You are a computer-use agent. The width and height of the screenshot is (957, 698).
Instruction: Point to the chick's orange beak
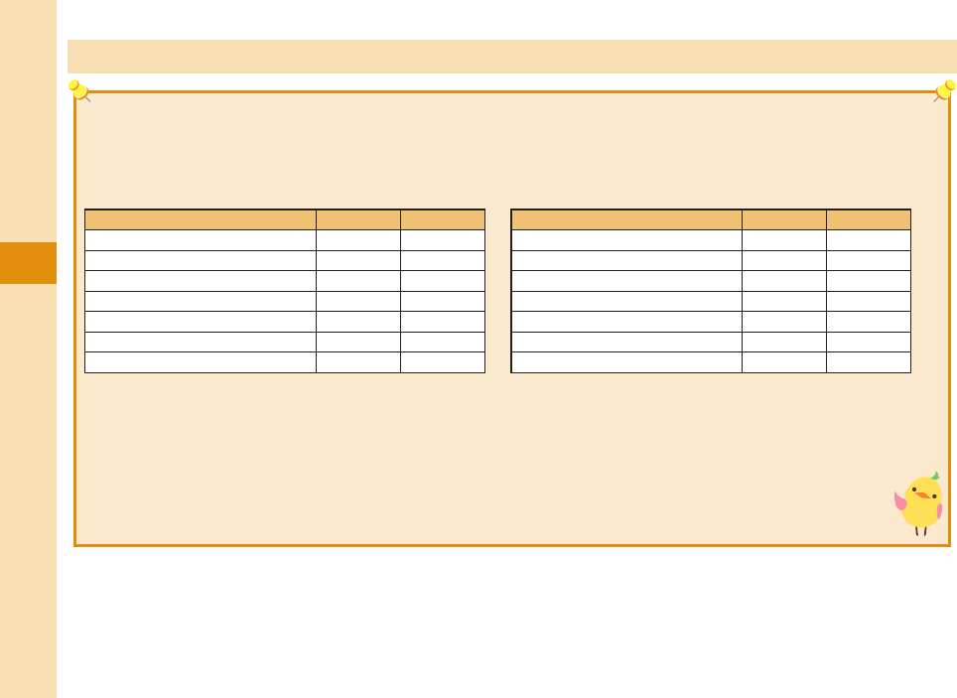[x=924, y=494]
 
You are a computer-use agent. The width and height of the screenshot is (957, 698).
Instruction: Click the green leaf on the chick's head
[x=934, y=476]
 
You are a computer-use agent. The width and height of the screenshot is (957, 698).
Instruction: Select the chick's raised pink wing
[x=900, y=501]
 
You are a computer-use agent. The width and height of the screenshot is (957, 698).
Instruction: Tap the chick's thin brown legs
[x=921, y=530]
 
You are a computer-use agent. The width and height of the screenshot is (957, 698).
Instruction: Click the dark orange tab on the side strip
[x=28, y=263]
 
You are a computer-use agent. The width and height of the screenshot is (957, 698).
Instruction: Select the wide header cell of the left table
[x=201, y=219]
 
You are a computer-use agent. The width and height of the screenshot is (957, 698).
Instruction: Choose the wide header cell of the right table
[x=626, y=219]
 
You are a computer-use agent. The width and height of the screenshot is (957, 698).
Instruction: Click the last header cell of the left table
[x=443, y=219]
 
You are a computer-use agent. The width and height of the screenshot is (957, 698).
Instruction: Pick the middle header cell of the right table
[x=784, y=219]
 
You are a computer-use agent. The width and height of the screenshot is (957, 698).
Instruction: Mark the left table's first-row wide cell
[x=201, y=240]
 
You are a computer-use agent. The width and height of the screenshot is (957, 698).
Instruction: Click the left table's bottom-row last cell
[x=443, y=362]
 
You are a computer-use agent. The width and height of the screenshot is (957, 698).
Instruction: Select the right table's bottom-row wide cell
[x=626, y=362]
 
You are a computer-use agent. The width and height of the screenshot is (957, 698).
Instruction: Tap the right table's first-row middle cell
[x=784, y=240]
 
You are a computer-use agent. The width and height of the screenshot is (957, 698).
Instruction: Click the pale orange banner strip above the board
[x=511, y=57]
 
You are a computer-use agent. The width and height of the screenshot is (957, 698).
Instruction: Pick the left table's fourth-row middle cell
[x=358, y=301]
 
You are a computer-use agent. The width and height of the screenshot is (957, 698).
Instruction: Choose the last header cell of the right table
[x=869, y=219]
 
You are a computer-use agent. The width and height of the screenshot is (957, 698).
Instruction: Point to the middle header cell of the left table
[x=358, y=219]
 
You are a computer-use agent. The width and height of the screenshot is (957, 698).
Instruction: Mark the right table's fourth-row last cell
[x=869, y=301]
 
